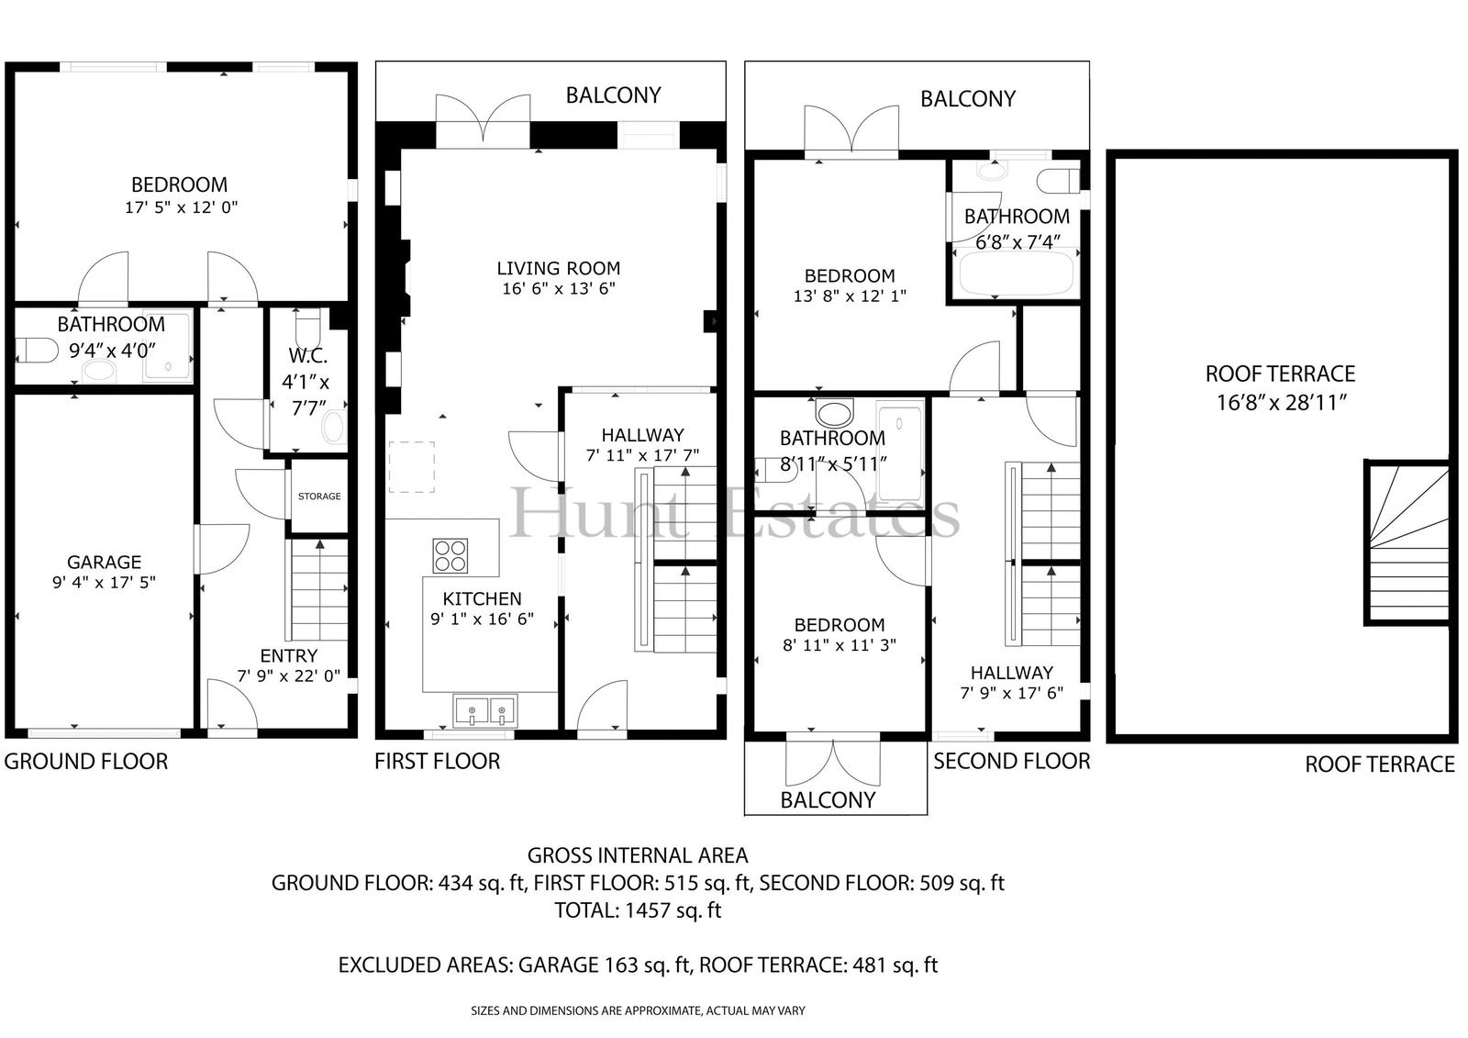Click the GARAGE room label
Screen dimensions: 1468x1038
click(105, 562)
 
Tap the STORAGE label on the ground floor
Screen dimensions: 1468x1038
click(319, 497)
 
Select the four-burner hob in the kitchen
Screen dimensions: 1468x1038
click(450, 555)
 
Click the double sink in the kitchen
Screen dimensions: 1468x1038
click(485, 710)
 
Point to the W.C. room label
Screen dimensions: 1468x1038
click(308, 356)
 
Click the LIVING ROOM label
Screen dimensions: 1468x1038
click(559, 268)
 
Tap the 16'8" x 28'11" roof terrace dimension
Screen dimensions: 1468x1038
click(1282, 402)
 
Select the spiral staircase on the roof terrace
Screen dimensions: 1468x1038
click(1407, 542)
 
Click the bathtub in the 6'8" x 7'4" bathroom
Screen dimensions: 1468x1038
click(1017, 273)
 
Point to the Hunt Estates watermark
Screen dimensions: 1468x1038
click(734, 513)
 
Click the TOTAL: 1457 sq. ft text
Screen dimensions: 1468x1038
click(638, 910)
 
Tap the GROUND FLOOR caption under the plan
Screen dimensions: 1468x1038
click(86, 761)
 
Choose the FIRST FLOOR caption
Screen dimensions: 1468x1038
click(437, 761)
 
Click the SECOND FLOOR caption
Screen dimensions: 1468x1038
click(1012, 761)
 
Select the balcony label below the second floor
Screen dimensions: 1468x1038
click(828, 800)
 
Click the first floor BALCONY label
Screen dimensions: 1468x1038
click(614, 95)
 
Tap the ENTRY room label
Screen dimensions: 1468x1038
click(289, 655)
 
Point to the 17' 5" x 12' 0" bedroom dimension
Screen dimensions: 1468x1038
click(182, 207)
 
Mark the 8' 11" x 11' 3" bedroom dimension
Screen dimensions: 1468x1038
click(840, 645)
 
